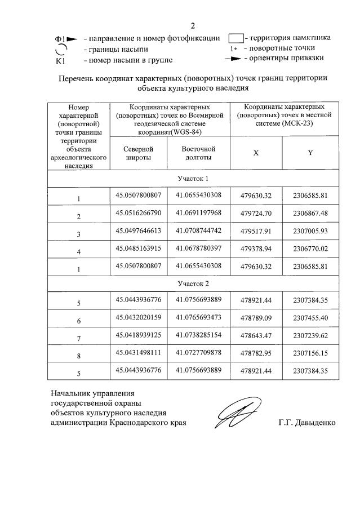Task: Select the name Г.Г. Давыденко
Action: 306,422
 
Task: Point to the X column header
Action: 256,153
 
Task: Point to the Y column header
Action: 310,153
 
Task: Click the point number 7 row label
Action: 79,340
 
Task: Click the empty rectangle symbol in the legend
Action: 235,39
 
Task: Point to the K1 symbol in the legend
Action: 62,60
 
